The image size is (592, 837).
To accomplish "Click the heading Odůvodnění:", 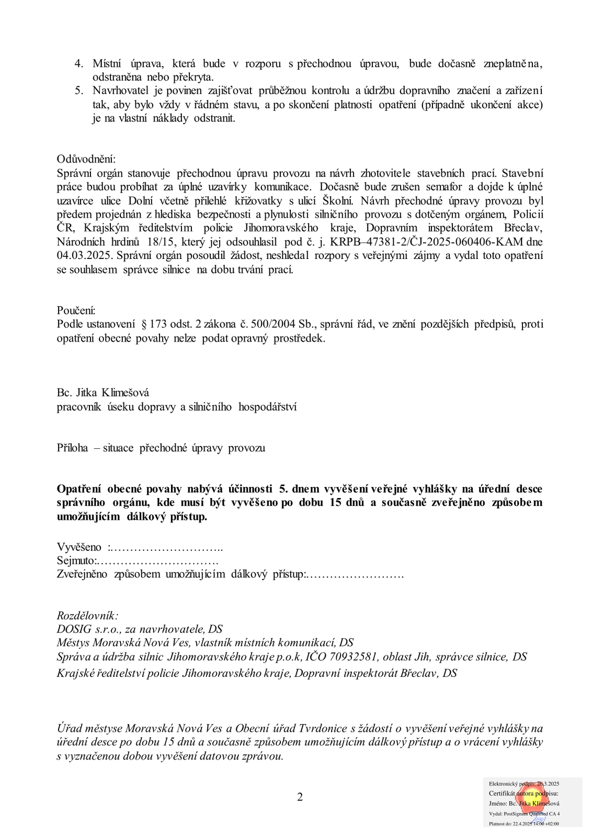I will [x=86, y=159].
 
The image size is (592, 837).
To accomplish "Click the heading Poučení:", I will [x=76, y=311].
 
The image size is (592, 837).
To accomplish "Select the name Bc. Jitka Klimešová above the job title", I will [x=103, y=392].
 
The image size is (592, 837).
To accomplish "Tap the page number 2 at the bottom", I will [x=300, y=797].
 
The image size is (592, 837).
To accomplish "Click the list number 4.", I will [x=79, y=64].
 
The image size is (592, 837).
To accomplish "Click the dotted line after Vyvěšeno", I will [x=167, y=548].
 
